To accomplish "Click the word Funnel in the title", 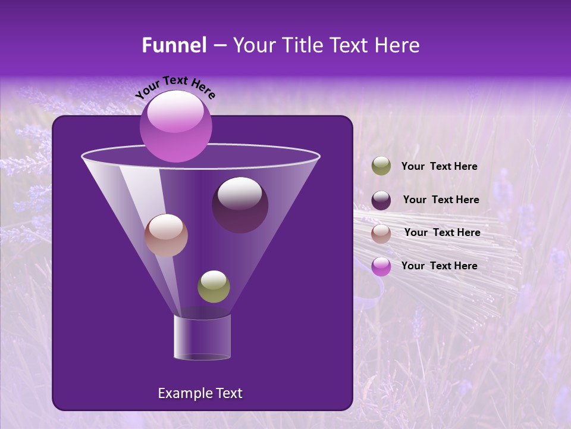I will (x=174, y=45).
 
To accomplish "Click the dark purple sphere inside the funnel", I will (x=240, y=205).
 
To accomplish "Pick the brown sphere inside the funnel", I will (x=166, y=235).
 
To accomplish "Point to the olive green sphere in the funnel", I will (x=214, y=287).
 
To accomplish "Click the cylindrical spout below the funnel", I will (x=202, y=337).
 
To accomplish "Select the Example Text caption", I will (x=200, y=393).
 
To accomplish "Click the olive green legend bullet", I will (x=381, y=166).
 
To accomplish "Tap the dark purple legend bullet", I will (x=381, y=200).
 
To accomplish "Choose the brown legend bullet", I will (x=381, y=233).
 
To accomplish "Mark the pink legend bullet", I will (x=381, y=266).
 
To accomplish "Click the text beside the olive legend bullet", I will (x=439, y=167).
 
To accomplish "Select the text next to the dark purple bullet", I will (x=441, y=200).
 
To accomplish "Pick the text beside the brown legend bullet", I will (x=442, y=233).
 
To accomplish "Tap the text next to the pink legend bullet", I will (x=439, y=266).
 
